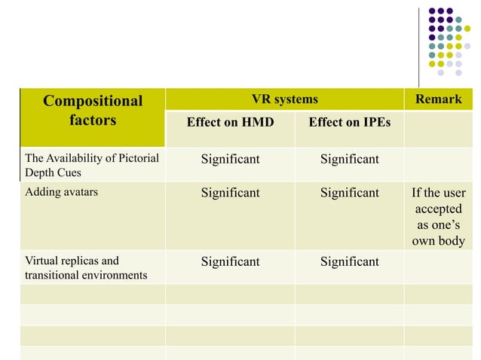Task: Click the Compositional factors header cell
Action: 93,111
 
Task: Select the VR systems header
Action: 285,99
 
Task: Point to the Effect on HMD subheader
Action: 230,122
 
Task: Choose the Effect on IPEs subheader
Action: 349,122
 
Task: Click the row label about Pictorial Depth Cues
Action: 92,165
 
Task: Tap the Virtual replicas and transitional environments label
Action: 86,268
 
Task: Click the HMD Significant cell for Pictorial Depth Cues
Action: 230,159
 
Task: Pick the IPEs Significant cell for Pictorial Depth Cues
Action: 349,159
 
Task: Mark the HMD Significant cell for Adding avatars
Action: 230,193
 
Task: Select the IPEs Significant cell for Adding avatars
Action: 349,193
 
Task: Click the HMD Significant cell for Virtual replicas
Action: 230,261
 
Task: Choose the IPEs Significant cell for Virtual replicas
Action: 349,261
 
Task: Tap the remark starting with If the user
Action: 438,193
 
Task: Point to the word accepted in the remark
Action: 438,209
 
